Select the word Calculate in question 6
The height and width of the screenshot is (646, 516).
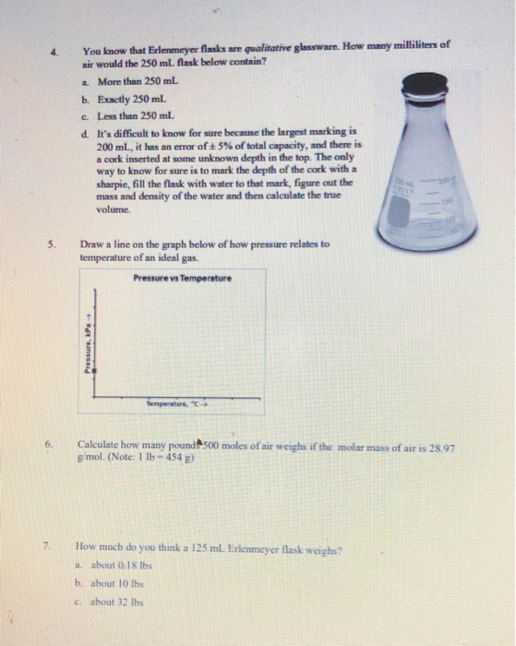click(99, 444)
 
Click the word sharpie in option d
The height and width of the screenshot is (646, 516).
click(114, 182)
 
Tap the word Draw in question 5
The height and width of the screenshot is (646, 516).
click(91, 244)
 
